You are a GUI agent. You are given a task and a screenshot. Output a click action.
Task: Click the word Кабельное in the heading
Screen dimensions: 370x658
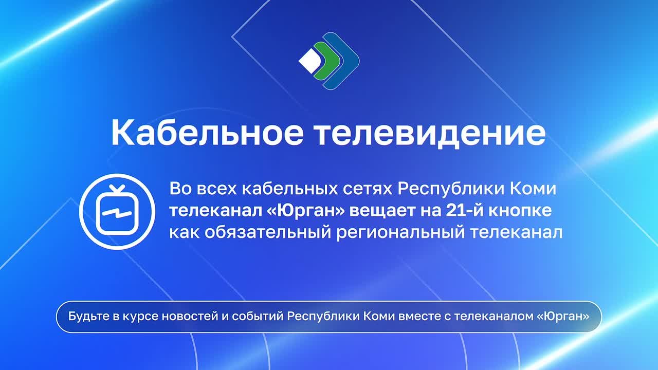(x=207, y=133)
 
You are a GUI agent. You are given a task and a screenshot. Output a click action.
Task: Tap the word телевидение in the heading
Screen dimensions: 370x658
(x=430, y=133)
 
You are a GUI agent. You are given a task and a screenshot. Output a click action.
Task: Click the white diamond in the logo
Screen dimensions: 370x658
(x=310, y=61)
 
